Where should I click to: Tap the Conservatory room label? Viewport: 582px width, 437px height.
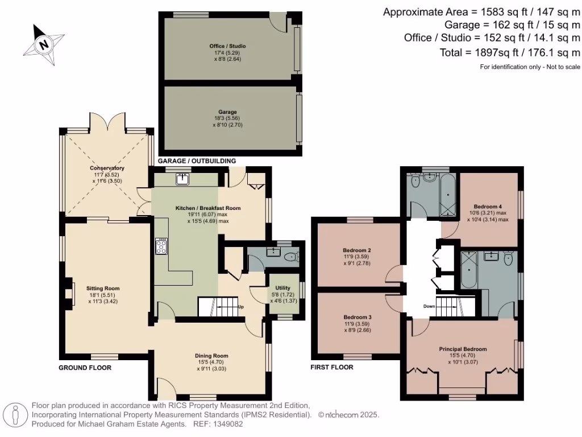pyautogui.click(x=106, y=168)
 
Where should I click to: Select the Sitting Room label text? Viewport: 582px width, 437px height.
pyautogui.click(x=103, y=288)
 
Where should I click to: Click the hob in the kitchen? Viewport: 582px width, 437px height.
pyautogui.click(x=160, y=246)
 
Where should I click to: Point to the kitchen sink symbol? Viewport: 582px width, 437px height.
pyautogui.click(x=183, y=180)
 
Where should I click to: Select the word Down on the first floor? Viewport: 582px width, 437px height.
pyautogui.click(x=429, y=306)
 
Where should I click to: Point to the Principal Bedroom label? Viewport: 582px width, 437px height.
pyautogui.click(x=463, y=349)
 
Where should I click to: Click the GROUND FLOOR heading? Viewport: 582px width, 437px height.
pyautogui.click(x=85, y=368)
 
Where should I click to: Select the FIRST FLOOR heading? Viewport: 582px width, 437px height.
pyautogui.click(x=332, y=368)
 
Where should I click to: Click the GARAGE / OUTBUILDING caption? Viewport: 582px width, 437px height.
pyautogui.click(x=197, y=161)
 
